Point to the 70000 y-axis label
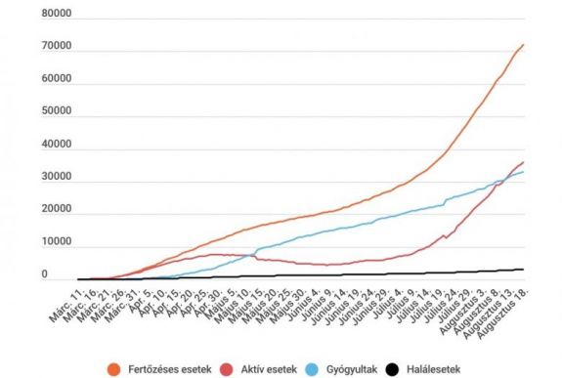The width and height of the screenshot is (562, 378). pyautogui.click(x=55, y=47)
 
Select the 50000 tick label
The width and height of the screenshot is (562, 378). pyautogui.click(x=55, y=112)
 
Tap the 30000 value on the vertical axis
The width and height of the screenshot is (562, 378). pyautogui.click(x=55, y=178)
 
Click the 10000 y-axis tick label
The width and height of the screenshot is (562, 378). pyautogui.click(x=55, y=243)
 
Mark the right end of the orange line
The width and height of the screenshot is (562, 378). pyautogui.click(x=523, y=44)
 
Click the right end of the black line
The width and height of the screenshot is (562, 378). pyautogui.click(x=523, y=270)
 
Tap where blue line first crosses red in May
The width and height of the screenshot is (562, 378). pyautogui.click(x=253, y=257)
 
